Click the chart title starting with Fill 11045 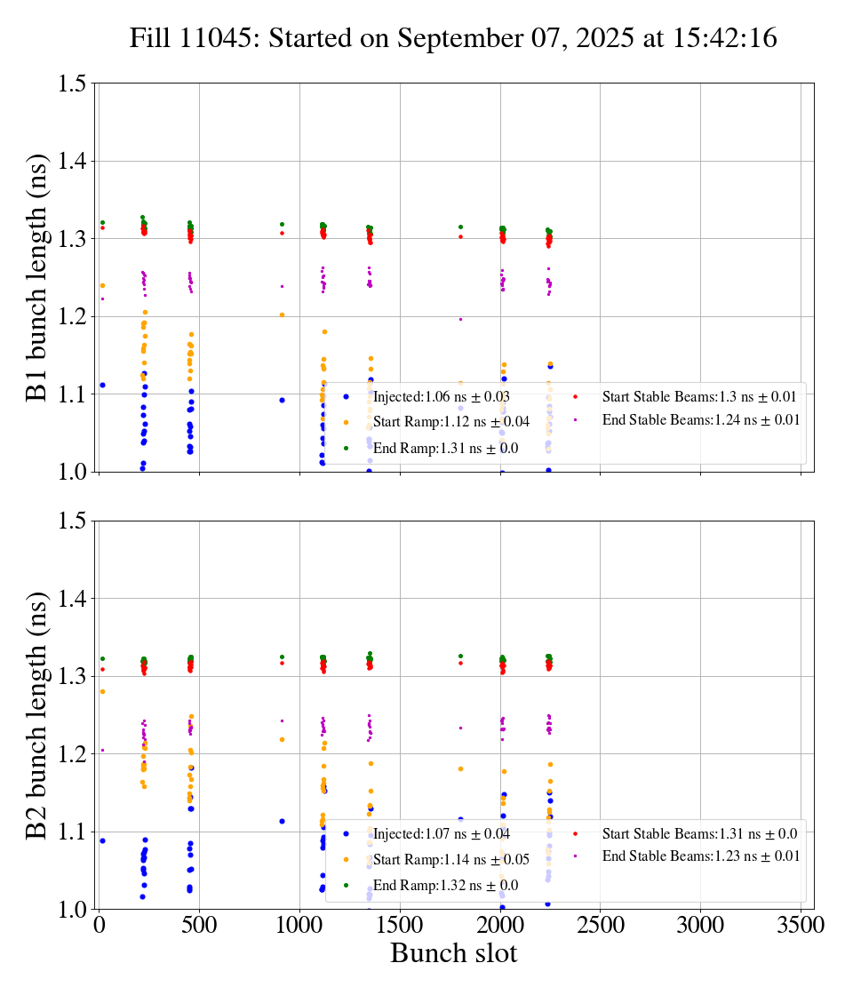point(453,38)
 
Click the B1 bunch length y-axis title point(36,277)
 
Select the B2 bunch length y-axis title point(36,714)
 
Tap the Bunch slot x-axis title point(453,954)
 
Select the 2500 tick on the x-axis point(600,925)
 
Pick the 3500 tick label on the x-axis point(801,925)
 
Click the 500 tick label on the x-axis point(199,925)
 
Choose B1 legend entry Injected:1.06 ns point(441,396)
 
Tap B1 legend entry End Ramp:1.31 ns point(445,449)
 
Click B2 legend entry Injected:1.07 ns point(441,833)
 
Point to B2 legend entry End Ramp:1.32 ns point(445,885)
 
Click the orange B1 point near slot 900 point(282,314)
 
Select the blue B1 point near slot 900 point(282,400)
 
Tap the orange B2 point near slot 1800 point(460,768)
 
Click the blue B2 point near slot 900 point(282,821)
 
